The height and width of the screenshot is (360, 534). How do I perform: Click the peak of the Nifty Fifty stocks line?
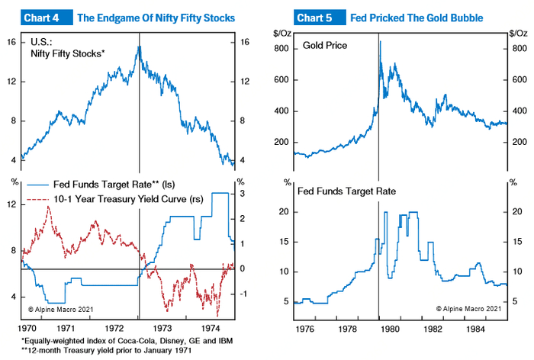pyautogui.click(x=139, y=47)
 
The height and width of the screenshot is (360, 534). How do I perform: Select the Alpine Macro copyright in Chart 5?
pyautogui.click(x=468, y=308)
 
